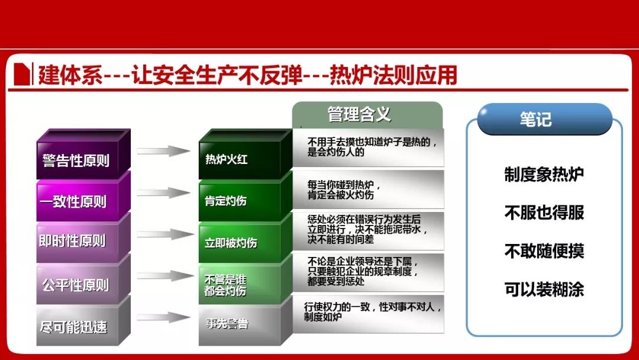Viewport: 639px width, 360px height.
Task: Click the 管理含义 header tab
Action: tap(367, 115)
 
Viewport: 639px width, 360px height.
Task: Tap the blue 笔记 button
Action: tap(544, 119)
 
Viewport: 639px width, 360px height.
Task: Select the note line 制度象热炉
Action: tap(544, 175)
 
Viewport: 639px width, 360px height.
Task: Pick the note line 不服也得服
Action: tap(544, 213)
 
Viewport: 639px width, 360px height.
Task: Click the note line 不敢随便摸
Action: tap(544, 250)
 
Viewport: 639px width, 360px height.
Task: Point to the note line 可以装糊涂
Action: tap(544, 289)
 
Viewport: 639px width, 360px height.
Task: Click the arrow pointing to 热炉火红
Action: tap(163, 151)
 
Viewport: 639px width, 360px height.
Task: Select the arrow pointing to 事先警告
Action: tap(163, 317)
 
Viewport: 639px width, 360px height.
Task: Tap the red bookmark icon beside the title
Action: tap(22, 74)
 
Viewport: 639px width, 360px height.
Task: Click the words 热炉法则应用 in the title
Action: tap(393, 75)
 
